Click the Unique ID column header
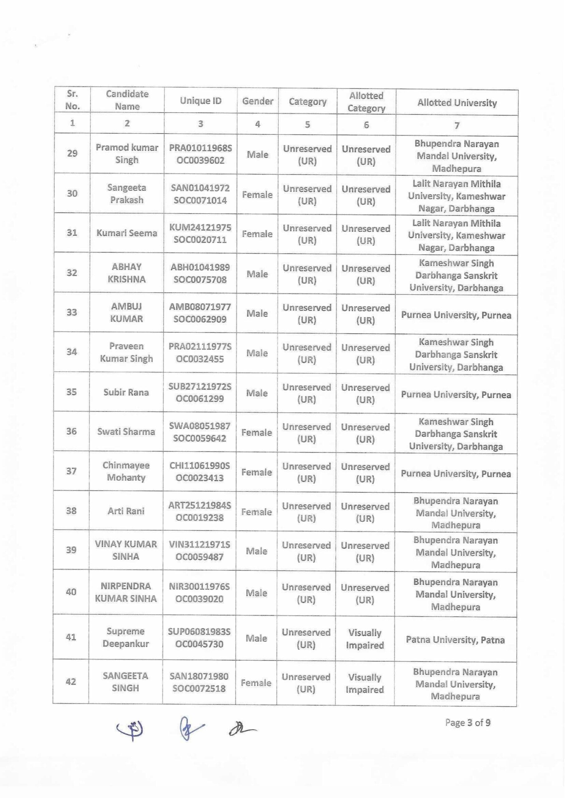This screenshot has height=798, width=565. pyautogui.click(x=200, y=101)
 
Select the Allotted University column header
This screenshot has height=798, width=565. pyautogui.click(x=457, y=103)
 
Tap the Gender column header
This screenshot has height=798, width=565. pyautogui.click(x=258, y=101)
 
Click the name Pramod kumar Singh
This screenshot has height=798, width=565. pyautogui.click(x=127, y=154)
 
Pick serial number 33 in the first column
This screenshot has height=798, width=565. pyautogui.click(x=72, y=312)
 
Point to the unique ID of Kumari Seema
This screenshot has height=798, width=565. pyautogui.click(x=200, y=233)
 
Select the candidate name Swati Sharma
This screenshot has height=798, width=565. pyautogui.click(x=126, y=431)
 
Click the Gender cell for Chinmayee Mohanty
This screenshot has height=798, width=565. pyautogui.click(x=256, y=472)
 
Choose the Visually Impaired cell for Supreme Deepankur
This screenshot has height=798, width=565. pyautogui.click(x=365, y=639)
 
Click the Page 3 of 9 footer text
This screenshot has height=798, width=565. pyautogui.click(x=468, y=723)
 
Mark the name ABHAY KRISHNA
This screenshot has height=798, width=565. pyautogui.click(x=126, y=273)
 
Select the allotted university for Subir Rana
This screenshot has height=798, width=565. pyautogui.click(x=456, y=395)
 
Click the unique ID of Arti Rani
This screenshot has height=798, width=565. pyautogui.click(x=199, y=511)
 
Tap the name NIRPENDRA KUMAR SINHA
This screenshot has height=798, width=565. pyautogui.click(x=126, y=592)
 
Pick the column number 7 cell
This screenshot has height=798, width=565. pyautogui.click(x=457, y=126)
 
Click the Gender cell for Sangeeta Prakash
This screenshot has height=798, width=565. pyautogui.click(x=257, y=195)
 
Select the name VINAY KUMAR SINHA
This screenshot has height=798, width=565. pyautogui.click(x=126, y=550)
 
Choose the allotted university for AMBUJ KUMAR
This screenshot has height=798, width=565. pyautogui.click(x=456, y=315)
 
